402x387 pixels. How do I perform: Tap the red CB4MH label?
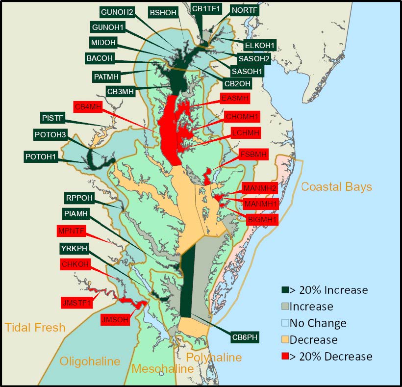88,106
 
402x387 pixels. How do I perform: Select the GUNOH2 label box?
117,12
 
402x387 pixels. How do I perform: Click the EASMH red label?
235,99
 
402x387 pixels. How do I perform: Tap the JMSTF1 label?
76,302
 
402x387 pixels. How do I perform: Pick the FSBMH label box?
253,155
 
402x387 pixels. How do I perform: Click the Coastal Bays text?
336,187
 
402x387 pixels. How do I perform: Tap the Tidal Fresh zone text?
35,327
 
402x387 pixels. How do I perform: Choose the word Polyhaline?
214,358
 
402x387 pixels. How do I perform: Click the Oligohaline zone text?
90,361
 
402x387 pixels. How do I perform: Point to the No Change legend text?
318,323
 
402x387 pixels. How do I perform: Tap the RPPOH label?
79,198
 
